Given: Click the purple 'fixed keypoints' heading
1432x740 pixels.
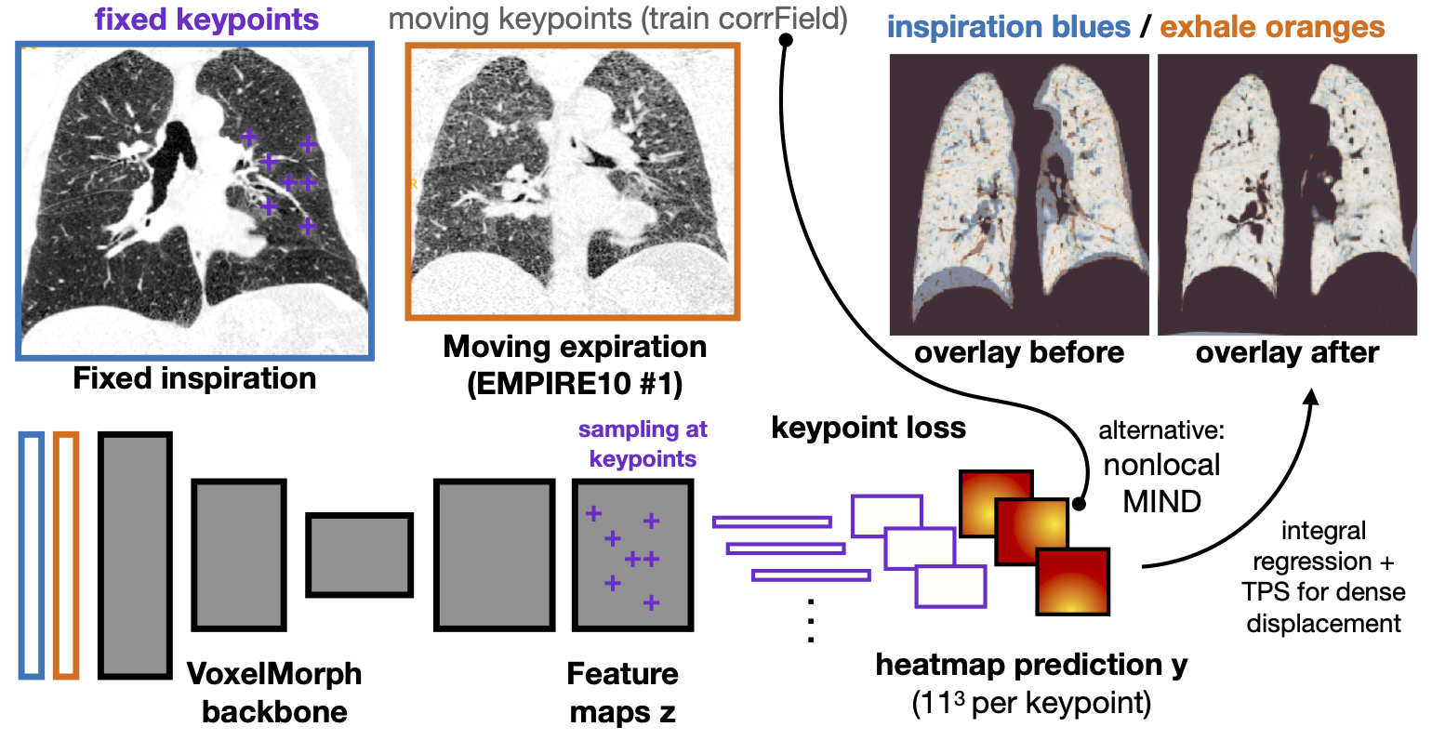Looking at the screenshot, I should (x=206, y=20).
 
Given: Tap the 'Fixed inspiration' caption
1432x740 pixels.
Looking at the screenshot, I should (x=194, y=378).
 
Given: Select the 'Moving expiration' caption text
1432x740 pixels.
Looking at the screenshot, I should (x=575, y=347).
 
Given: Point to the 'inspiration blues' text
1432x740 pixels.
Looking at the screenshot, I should (x=1009, y=28).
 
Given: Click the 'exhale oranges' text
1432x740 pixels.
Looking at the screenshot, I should (x=1272, y=28).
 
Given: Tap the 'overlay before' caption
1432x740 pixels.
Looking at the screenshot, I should (x=1019, y=353).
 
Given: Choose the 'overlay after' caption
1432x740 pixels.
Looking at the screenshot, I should (x=1287, y=353).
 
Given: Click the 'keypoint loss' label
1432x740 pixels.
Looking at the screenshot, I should (x=868, y=427).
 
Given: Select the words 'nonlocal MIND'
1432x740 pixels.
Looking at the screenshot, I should (x=1161, y=483).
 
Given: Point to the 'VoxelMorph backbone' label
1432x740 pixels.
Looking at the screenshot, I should (x=274, y=693).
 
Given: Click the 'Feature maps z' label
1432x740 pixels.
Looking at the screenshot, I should (x=622, y=693).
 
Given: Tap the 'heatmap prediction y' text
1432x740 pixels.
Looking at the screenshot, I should (x=1031, y=665).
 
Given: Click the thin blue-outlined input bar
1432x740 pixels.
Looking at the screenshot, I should (x=32, y=554).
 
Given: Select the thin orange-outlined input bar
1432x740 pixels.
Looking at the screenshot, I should (x=65, y=554).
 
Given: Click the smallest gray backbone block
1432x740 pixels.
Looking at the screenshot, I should (x=360, y=554).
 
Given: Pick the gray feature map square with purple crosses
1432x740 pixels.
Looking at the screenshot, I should (x=632, y=554).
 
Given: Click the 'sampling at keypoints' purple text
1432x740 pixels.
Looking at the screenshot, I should (x=643, y=443).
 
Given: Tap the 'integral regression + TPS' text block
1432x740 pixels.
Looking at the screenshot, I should (x=1323, y=576).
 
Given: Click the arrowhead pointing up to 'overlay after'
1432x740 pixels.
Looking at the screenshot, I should (x=1312, y=397).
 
